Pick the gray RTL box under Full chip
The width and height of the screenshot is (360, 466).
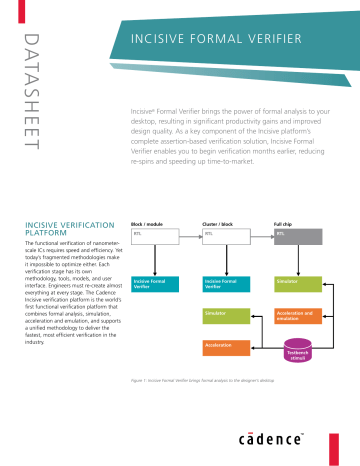pyautogui.click(x=297, y=235)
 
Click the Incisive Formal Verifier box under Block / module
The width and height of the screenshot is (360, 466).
pyautogui.click(x=156, y=285)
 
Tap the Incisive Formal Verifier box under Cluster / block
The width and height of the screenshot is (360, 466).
pyautogui.click(x=227, y=285)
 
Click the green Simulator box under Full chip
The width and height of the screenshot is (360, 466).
pyautogui.click(x=297, y=285)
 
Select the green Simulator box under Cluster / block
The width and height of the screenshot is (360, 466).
pyautogui.click(x=227, y=316)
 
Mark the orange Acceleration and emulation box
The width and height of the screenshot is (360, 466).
pyautogui.click(x=297, y=316)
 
